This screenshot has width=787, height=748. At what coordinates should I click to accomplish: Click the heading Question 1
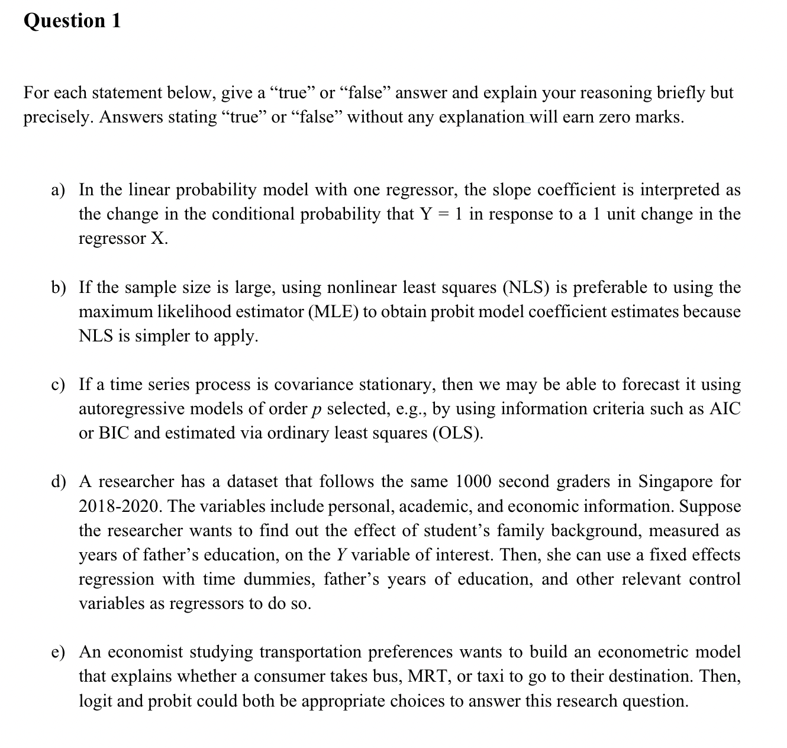click(72, 21)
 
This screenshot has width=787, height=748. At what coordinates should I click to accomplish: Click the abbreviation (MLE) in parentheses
click(333, 312)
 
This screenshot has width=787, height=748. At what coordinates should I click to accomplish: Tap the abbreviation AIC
click(724, 409)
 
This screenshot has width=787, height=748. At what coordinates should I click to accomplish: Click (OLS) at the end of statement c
click(459, 433)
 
